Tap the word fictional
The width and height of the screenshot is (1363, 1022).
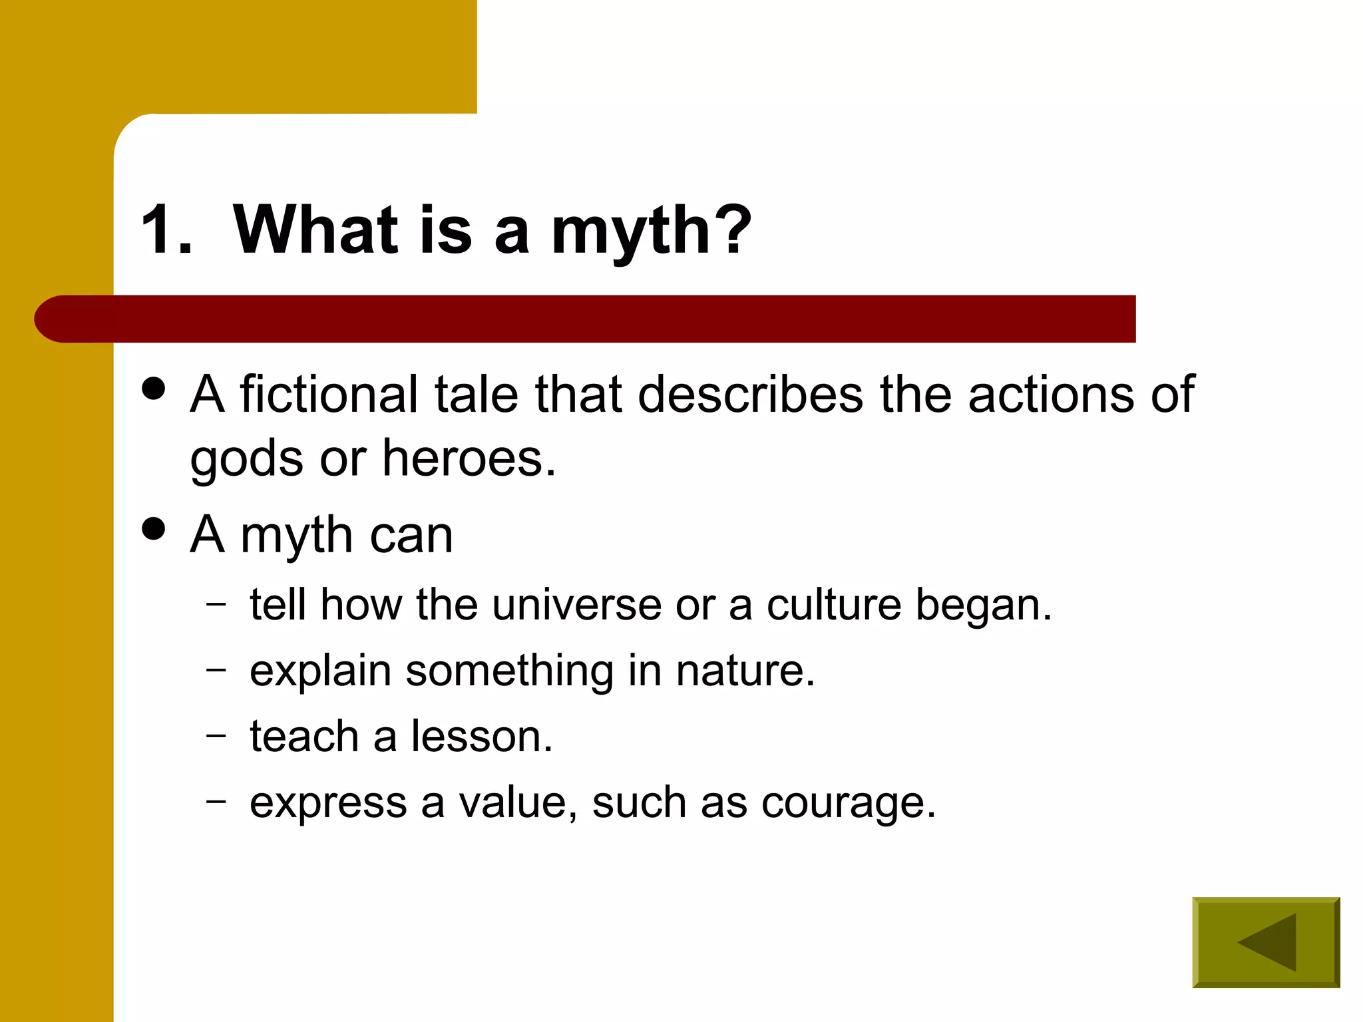(x=329, y=394)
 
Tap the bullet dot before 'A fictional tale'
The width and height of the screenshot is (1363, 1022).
(x=154, y=389)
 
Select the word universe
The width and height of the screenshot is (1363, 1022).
(x=576, y=605)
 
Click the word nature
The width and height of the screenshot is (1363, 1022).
(x=745, y=670)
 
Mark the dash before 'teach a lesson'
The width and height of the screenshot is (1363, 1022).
(x=216, y=735)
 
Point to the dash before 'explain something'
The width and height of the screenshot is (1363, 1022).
(x=216, y=669)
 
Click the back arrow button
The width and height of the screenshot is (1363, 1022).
(x=1266, y=942)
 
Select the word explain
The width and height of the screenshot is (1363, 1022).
(x=320, y=671)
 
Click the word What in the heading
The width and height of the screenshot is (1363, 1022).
(x=315, y=230)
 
